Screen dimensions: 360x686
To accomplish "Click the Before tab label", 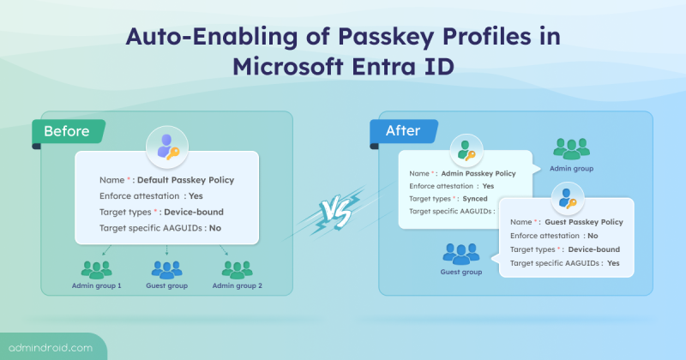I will (x=65, y=133).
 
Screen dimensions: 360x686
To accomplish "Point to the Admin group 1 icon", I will (x=96, y=269).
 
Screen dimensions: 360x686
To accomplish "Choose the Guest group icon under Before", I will (x=166, y=269).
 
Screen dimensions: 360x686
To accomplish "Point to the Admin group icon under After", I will (x=571, y=149).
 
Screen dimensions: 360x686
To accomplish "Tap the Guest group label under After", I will (x=460, y=272).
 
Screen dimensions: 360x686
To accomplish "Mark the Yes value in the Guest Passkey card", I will (x=613, y=263).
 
